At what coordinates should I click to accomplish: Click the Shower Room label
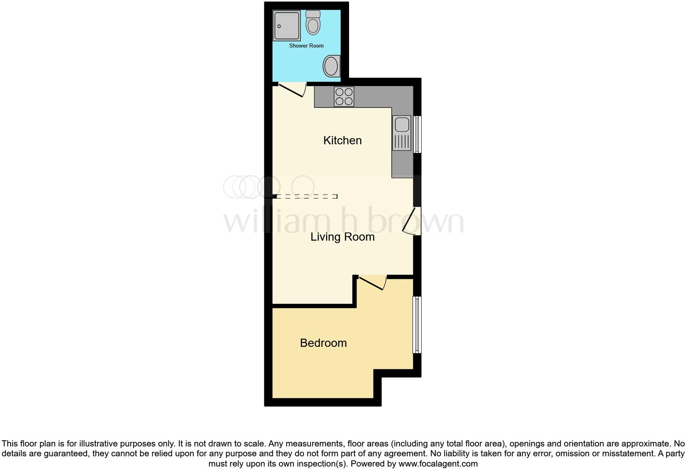(306, 46)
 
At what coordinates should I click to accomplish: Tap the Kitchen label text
(342, 140)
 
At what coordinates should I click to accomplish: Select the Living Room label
(342, 237)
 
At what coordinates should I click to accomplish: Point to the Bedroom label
(323, 343)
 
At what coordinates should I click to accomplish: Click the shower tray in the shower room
(287, 25)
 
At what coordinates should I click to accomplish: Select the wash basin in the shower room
(331, 66)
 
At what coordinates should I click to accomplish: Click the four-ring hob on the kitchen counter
(344, 97)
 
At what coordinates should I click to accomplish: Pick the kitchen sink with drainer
(401, 133)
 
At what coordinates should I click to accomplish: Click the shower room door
(292, 90)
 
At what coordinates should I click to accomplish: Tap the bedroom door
(371, 283)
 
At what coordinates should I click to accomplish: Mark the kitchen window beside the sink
(417, 134)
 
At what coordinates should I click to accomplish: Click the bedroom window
(417, 324)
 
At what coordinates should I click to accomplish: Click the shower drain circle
(279, 26)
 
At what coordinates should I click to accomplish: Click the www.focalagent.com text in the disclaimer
(438, 464)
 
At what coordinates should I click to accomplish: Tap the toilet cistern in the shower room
(313, 14)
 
